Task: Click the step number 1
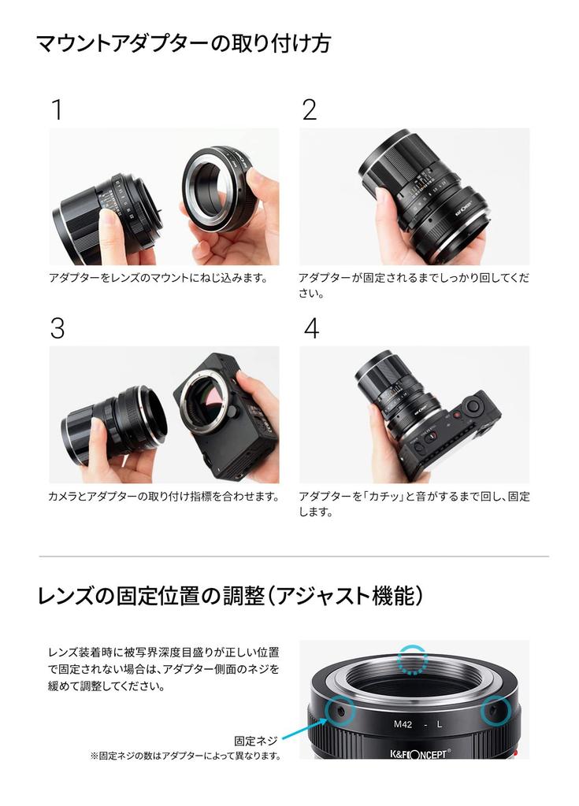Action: pyautogui.click(x=58, y=109)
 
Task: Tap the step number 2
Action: pyautogui.click(x=310, y=109)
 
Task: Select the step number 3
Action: pyautogui.click(x=58, y=328)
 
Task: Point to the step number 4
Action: pyautogui.click(x=311, y=328)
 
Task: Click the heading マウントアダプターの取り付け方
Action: pyautogui.click(x=184, y=43)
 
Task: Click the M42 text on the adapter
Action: pyautogui.click(x=403, y=724)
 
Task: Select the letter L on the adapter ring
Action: pyautogui.click(x=439, y=724)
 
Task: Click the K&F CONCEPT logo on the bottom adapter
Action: pyautogui.click(x=421, y=753)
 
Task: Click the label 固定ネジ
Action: pyautogui.click(x=256, y=741)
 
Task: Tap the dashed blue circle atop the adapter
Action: pyautogui.click(x=413, y=659)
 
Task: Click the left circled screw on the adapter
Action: pyautogui.click(x=340, y=711)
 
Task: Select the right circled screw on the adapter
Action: pyautogui.click(x=495, y=711)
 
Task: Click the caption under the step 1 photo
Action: pyautogui.click(x=159, y=278)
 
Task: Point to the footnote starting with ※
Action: pyautogui.click(x=186, y=756)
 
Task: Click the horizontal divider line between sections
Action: pyautogui.click(x=294, y=556)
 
